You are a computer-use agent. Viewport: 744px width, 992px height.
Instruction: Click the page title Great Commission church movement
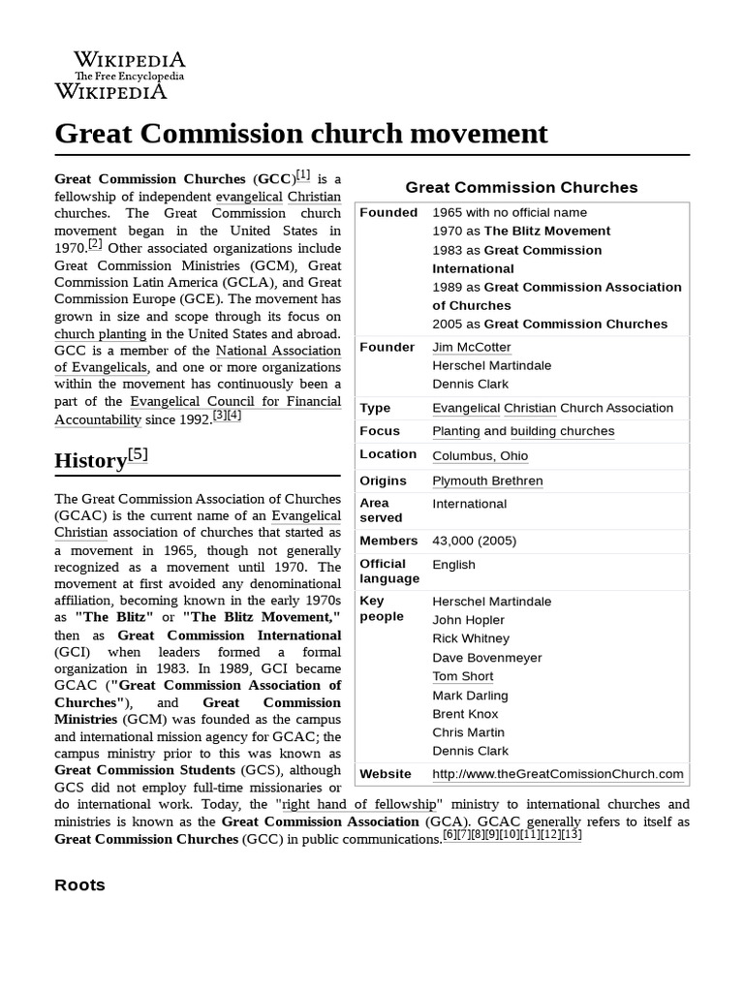coord(301,134)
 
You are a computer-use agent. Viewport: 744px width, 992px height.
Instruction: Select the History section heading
coord(90,461)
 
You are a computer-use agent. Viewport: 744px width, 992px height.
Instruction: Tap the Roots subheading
coord(80,884)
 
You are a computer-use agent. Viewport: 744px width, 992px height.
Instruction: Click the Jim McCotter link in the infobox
coord(472,347)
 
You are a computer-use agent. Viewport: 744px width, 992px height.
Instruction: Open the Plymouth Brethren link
coord(487,480)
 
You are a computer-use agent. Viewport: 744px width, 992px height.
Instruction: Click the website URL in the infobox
coord(557,773)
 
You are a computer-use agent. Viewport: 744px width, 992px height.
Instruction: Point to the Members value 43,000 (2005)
coord(474,541)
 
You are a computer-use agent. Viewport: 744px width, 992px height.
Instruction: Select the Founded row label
coord(388,212)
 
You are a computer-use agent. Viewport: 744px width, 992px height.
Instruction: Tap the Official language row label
coord(389,571)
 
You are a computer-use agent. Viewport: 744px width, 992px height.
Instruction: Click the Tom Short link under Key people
coord(463,676)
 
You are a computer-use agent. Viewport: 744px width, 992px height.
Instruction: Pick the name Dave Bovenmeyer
coord(487,657)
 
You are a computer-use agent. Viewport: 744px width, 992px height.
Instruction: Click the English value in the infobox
coord(453,564)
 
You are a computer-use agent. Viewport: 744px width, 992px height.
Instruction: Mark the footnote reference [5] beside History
coord(138,453)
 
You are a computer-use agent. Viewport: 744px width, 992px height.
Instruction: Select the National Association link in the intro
coord(278,350)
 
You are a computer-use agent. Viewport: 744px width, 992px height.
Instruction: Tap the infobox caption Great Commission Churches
coord(521,187)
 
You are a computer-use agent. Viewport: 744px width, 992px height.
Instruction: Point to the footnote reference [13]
coord(571,834)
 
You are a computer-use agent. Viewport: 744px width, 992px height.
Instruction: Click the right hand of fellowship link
coord(359,804)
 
